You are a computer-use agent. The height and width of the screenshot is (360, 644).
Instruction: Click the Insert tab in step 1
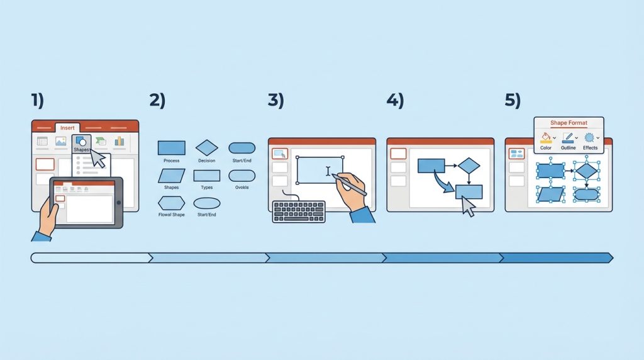67,127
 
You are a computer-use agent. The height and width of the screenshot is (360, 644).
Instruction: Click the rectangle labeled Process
171,148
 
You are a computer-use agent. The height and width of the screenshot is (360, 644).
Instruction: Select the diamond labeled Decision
206,148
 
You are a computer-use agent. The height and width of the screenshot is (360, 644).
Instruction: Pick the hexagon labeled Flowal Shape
171,203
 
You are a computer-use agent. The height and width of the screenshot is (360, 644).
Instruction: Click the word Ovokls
241,188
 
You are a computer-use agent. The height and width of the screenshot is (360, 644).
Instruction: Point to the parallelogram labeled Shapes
171,176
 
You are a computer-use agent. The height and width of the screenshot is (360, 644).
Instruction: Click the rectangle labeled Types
206,176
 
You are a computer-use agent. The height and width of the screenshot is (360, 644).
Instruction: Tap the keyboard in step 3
299,211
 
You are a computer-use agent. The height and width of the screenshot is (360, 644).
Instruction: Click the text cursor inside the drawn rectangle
328,171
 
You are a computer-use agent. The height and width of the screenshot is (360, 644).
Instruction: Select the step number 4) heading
395,100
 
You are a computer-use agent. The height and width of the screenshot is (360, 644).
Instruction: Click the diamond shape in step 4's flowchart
469,165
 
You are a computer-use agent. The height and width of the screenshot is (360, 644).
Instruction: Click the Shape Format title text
569,123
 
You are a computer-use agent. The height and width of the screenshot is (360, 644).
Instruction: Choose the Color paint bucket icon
545,138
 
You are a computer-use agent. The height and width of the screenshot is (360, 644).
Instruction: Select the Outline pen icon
568,138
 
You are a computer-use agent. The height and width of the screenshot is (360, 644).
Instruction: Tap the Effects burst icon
589,138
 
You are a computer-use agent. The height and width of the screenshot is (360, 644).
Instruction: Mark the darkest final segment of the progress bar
556,257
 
